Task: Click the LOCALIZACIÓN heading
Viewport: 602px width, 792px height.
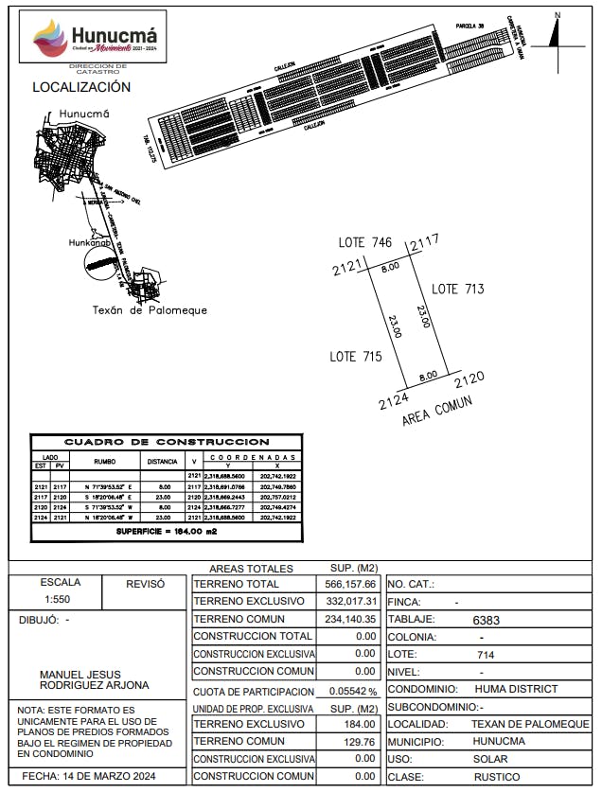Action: (81, 87)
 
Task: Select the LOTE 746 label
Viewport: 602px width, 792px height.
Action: (365, 243)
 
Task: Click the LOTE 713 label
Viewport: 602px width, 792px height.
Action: (458, 289)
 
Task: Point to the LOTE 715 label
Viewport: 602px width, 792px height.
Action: (356, 357)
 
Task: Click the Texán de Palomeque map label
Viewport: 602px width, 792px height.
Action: (150, 310)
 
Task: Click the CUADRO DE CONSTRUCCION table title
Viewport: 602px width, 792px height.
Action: (167, 442)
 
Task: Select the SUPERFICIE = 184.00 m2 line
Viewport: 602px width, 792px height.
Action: (167, 533)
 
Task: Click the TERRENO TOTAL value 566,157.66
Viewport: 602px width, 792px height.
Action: (351, 585)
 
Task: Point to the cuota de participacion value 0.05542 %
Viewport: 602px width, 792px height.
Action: (352, 692)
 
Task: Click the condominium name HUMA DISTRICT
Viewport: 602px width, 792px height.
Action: (516, 689)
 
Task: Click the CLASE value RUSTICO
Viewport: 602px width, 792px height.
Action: (497, 777)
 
